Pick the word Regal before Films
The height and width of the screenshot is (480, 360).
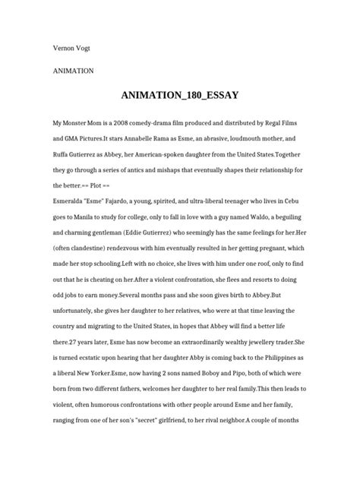[284, 123]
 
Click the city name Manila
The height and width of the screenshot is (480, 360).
[77, 221]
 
